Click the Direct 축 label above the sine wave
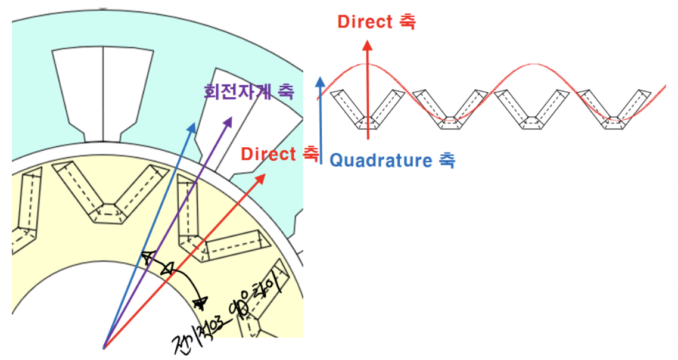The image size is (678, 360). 376,21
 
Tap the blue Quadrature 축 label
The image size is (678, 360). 392,160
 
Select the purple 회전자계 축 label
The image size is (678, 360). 248,91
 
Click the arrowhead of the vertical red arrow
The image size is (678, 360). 368,45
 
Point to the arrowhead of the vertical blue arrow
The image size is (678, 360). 321,80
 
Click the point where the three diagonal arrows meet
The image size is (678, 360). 104,347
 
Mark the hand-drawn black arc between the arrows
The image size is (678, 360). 179,277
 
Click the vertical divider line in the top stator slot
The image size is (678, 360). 103,93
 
